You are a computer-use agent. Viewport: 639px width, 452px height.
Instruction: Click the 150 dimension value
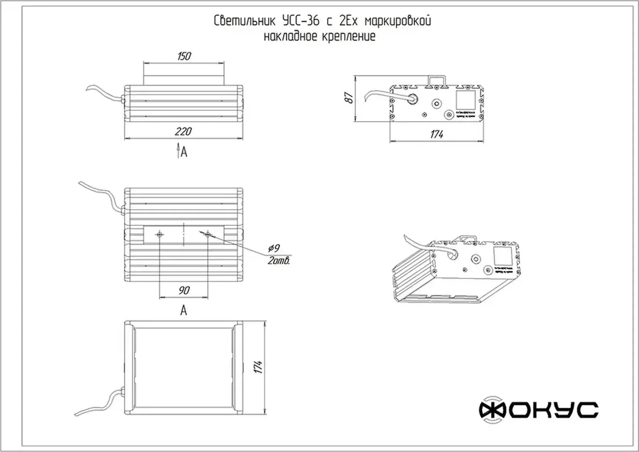click(x=184, y=56)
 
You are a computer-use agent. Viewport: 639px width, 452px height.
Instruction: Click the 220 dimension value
click(x=183, y=131)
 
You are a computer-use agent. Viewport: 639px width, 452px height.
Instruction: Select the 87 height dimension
click(x=349, y=98)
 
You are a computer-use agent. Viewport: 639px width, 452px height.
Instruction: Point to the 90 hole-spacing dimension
click(x=184, y=290)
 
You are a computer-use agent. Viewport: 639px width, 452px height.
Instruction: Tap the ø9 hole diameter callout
click(x=274, y=248)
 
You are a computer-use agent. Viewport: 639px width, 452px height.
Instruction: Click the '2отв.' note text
click(x=279, y=261)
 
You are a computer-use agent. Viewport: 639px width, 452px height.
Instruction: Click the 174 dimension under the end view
click(x=437, y=134)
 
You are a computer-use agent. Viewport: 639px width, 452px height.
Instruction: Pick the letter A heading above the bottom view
click(x=184, y=310)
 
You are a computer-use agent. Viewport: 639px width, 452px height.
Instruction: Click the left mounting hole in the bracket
click(x=160, y=234)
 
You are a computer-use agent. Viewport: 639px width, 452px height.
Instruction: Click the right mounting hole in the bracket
click(x=208, y=234)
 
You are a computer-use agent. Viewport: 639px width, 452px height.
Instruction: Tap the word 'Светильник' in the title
click(x=244, y=21)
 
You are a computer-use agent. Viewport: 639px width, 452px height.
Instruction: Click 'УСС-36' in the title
click(x=301, y=21)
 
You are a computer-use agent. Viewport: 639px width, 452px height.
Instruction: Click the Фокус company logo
click(x=538, y=410)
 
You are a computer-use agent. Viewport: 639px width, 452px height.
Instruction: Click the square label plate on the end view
click(x=466, y=100)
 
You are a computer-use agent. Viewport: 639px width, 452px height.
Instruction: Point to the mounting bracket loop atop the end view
click(x=437, y=81)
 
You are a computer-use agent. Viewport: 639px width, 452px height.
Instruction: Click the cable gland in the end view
click(x=412, y=99)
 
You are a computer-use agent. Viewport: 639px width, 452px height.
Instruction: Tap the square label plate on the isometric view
click(x=503, y=256)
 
